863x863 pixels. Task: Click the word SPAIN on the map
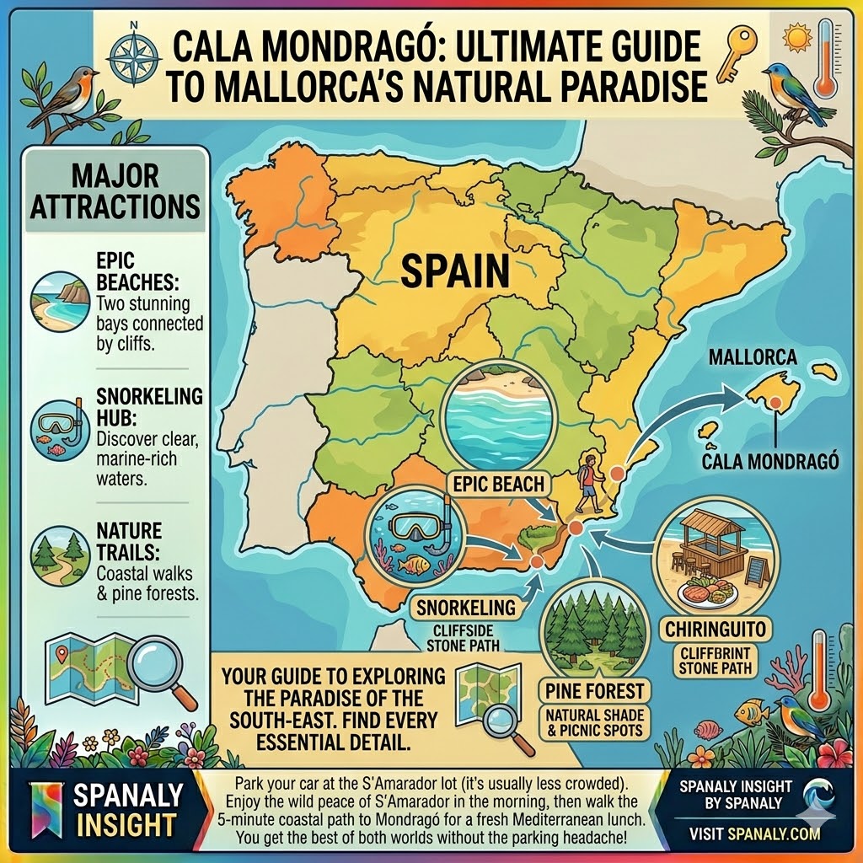(455, 271)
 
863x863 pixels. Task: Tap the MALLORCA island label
(752, 357)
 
